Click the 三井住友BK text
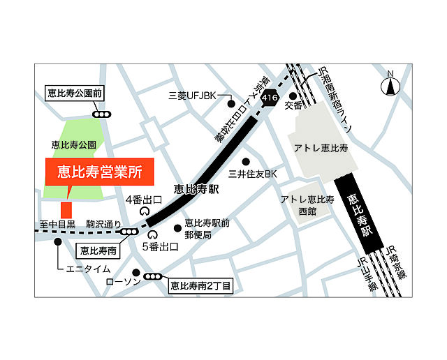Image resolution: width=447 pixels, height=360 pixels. click(254, 173)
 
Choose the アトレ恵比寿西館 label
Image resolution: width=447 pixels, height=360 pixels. click(308, 204)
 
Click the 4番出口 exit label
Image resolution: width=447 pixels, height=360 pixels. click(143, 200)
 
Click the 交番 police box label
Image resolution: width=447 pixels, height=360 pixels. click(293, 106)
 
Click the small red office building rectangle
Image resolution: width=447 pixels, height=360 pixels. click(66, 209)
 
